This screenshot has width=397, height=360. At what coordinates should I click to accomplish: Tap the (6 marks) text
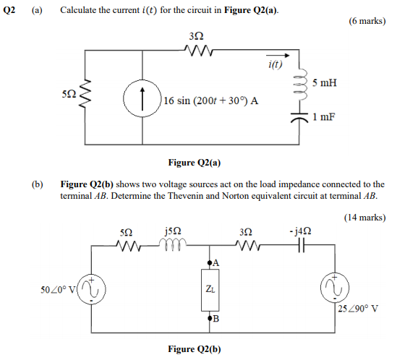[x=366, y=22]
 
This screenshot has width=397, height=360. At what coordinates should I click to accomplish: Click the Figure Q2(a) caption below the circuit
[x=195, y=163]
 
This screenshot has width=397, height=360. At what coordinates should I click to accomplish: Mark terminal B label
[x=216, y=319]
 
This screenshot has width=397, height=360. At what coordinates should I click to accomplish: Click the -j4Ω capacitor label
[x=298, y=231]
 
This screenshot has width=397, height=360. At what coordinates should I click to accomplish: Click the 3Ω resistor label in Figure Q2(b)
[x=246, y=231]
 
